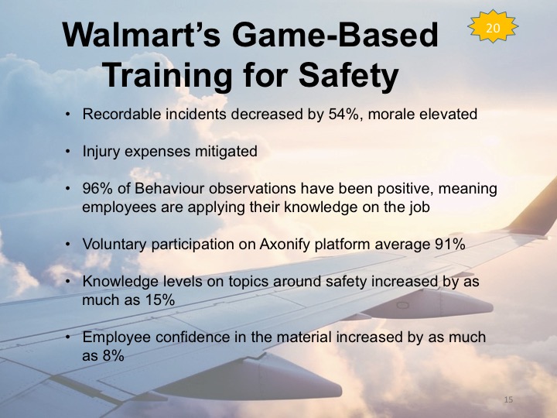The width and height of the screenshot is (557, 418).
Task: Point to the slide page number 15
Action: tap(508, 399)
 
